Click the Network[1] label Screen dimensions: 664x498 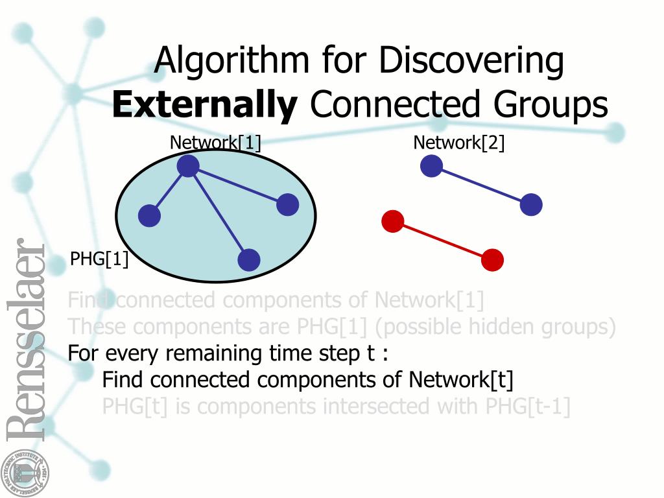(215, 143)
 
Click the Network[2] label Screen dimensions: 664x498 (459, 143)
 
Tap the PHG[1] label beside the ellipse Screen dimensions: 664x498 (99, 260)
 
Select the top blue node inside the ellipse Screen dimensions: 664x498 (187, 166)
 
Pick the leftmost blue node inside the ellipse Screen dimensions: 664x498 (149, 216)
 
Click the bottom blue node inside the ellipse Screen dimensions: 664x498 (249, 260)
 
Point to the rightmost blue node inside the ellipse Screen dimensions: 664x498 (287, 205)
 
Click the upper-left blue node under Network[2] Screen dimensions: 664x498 (431, 166)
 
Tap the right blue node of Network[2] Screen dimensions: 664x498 (531, 205)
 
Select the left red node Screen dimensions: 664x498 (392, 222)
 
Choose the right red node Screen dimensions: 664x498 (492, 260)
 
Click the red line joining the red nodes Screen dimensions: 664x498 (442, 241)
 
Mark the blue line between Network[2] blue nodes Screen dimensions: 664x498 (481, 185)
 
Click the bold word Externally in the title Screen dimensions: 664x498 (204, 105)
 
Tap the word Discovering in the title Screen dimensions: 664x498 (471, 60)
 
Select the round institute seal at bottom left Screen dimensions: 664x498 (24, 472)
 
